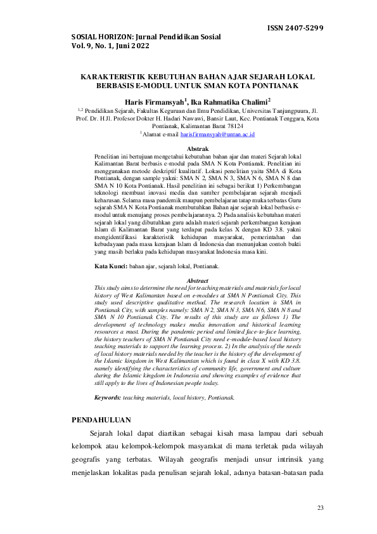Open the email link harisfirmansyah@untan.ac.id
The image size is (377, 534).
(217, 134)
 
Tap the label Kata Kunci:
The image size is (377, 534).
(111, 266)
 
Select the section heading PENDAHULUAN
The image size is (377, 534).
(101, 420)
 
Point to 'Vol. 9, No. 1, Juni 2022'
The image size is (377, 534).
(111, 46)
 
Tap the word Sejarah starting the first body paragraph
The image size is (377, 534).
(103, 434)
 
